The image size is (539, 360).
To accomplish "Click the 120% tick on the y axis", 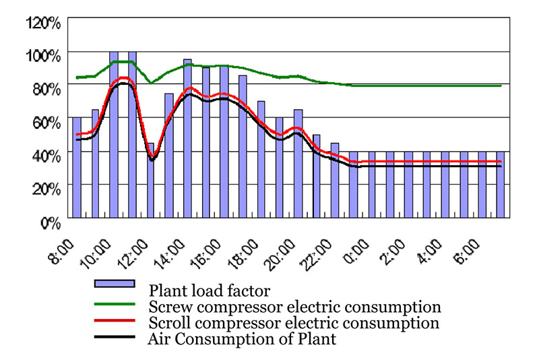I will click(44, 22).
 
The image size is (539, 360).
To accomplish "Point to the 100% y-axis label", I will click(44, 54).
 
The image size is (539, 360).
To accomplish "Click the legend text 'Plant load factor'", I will click(201, 291).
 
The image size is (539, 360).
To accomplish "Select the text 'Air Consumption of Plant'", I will click(241, 339).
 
